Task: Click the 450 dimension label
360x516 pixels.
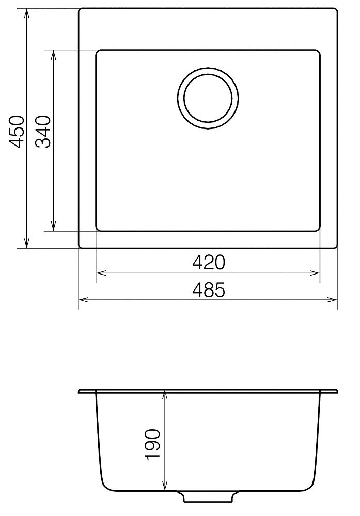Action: tap(16, 131)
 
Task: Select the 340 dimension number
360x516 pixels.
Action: tap(43, 132)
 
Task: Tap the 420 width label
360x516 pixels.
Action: tap(209, 263)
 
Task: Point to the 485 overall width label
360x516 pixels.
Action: tap(209, 290)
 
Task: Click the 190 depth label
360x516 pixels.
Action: tap(152, 443)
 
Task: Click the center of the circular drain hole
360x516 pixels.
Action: tap(208, 99)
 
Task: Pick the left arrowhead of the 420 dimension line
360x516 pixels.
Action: tap(101, 273)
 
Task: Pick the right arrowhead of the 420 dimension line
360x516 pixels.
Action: tap(315, 273)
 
